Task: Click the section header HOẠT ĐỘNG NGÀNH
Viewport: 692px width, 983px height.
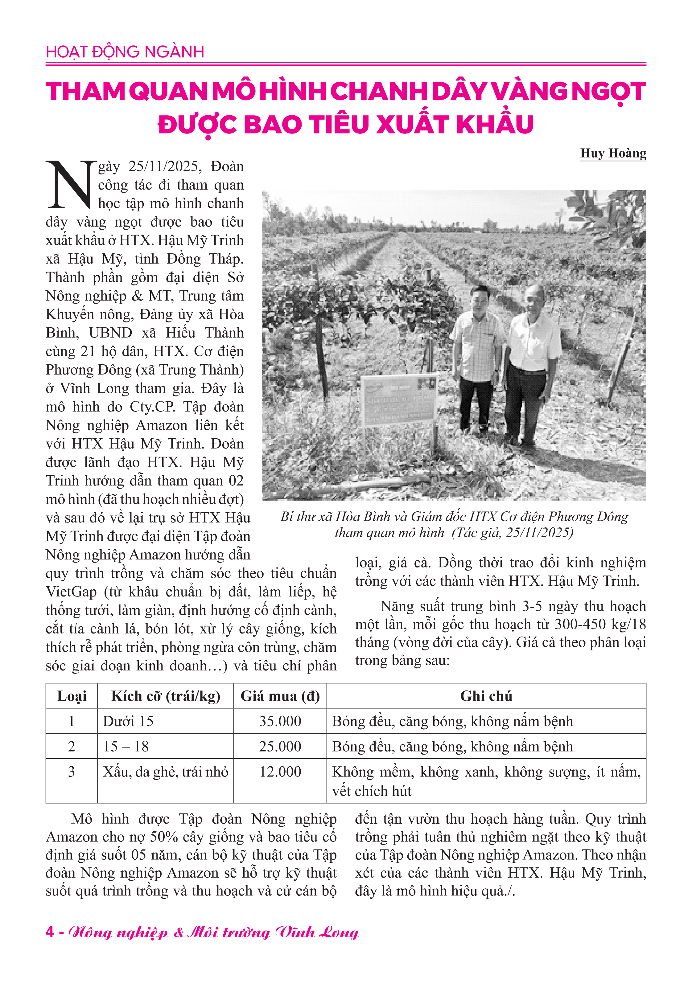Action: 125,52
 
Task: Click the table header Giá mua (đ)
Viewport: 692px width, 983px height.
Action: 280,696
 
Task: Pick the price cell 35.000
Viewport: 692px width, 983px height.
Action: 280,721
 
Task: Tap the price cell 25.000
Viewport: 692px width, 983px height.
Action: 280,747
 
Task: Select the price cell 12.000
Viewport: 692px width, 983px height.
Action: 280,772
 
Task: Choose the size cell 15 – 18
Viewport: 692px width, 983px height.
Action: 126,747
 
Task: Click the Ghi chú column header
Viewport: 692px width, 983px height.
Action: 486,696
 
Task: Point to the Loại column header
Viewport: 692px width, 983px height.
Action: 72,696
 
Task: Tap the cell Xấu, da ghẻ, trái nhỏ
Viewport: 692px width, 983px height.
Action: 165,772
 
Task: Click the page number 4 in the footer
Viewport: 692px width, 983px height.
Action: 50,932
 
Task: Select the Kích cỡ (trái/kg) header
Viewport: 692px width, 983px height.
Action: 165,696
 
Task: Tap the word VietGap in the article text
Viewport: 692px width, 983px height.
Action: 71,592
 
